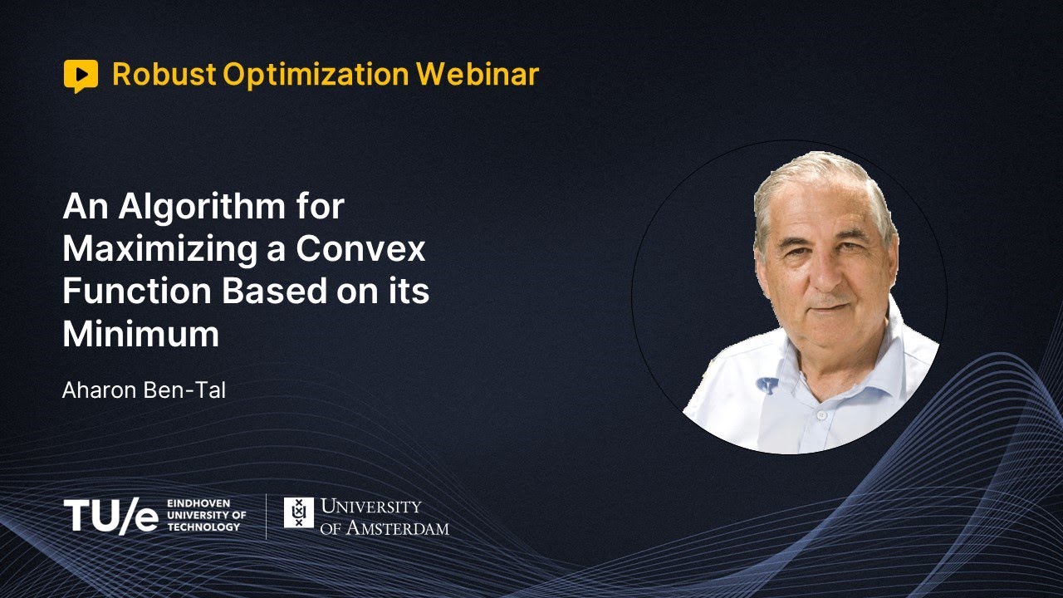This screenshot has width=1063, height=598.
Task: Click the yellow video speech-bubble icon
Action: click(81, 76)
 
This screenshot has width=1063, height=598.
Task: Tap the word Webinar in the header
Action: click(478, 75)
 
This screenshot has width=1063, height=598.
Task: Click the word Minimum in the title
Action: click(141, 335)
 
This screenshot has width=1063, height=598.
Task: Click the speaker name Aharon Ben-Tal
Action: click(144, 390)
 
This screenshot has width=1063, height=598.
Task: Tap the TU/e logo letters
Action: click(110, 516)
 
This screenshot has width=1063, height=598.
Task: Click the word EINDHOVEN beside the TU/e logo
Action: click(198, 503)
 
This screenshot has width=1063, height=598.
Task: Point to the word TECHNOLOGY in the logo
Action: click(203, 527)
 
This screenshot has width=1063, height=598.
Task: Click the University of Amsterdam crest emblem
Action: click(299, 512)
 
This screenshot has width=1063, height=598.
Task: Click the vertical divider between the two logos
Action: click(267, 516)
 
